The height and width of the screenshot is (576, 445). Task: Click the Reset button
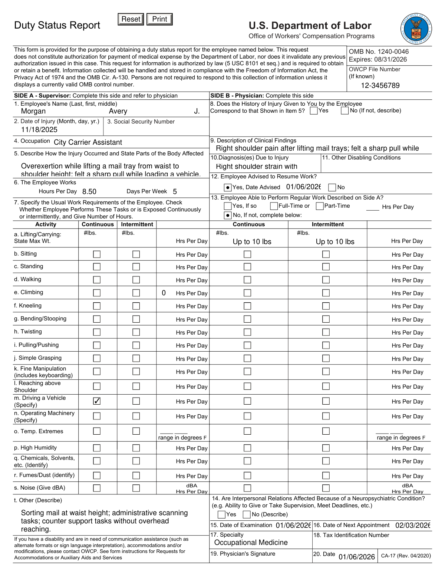click(131, 19)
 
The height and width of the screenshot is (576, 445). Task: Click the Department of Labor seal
click(416, 29)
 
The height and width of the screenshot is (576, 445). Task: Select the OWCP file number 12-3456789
click(380, 86)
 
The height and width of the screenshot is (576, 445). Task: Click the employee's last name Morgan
click(33, 111)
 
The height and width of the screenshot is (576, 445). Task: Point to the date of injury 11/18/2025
click(39, 129)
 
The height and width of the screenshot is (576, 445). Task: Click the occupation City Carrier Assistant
click(88, 142)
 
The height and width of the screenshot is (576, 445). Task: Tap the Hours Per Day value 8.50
click(89, 192)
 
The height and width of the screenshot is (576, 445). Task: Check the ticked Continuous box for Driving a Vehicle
click(97, 401)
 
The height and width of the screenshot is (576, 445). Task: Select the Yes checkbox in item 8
click(314, 111)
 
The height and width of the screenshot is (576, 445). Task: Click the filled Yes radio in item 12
click(228, 187)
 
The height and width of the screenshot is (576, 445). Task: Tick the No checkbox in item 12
click(332, 187)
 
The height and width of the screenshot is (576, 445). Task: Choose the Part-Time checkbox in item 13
click(320, 206)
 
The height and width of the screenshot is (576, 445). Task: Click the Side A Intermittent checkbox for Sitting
click(136, 254)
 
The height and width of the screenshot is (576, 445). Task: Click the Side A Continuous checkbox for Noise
click(97, 488)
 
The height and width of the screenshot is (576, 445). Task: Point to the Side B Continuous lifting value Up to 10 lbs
click(252, 242)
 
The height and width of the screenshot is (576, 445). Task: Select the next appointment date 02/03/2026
click(412, 526)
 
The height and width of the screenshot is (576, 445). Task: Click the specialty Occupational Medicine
click(251, 543)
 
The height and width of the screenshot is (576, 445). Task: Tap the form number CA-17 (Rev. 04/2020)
click(406, 556)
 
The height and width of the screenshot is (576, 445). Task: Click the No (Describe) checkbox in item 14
click(247, 514)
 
